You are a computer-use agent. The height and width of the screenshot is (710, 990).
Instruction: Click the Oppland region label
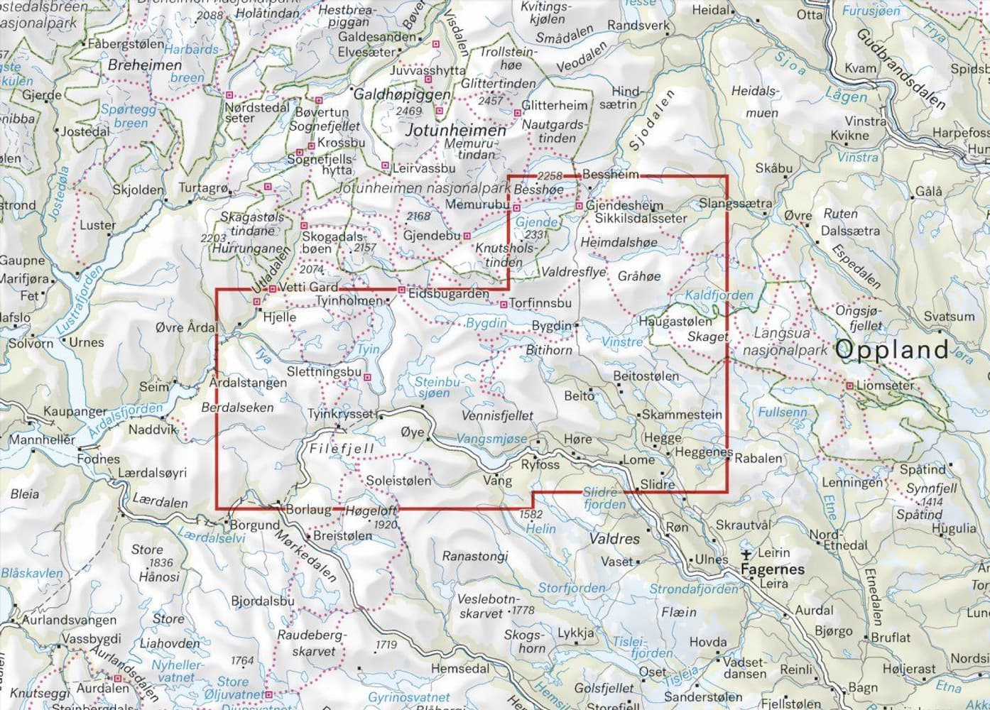pyautogui.click(x=892, y=349)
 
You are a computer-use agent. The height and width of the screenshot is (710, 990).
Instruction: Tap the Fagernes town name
pyautogui.click(x=772, y=569)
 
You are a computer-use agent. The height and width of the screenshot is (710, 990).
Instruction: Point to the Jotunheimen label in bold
pyautogui.click(x=455, y=131)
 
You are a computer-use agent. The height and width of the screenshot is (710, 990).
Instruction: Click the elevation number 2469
pyautogui.click(x=408, y=111)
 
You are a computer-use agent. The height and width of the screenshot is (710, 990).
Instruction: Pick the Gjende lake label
pyautogui.click(x=536, y=222)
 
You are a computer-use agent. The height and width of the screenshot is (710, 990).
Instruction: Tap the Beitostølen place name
pyautogui.click(x=646, y=376)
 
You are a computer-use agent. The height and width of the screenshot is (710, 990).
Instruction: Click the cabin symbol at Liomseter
pyautogui.click(x=849, y=386)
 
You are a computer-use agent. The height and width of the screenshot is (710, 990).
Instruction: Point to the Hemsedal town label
pyautogui.click(x=459, y=668)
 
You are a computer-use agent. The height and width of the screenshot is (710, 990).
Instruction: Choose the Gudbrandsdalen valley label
pyautogui.click(x=901, y=69)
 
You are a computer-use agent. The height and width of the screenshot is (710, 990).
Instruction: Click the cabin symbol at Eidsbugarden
pyautogui.click(x=401, y=290)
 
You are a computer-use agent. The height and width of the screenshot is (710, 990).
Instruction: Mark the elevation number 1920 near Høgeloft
pyautogui.click(x=385, y=525)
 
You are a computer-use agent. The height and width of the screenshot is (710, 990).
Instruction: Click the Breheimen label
pyautogui.click(x=145, y=65)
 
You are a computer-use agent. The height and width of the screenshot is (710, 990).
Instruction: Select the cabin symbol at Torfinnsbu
pyautogui.click(x=504, y=304)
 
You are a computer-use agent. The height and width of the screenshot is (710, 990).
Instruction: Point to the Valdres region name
pyautogui.click(x=614, y=539)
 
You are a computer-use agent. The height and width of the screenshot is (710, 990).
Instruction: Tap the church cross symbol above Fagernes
pyautogui.click(x=746, y=555)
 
